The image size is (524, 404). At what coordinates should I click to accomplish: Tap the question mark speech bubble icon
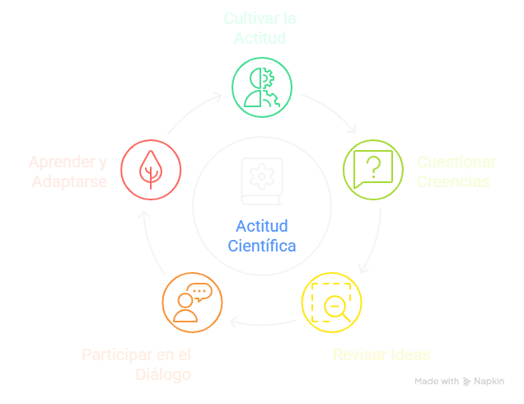372,170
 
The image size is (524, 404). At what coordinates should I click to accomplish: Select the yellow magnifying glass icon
331,303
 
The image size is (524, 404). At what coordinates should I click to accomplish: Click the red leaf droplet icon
150,170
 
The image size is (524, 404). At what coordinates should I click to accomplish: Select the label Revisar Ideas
381,355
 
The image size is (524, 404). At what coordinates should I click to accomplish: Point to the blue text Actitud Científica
261,235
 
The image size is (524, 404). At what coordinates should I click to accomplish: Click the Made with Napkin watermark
459,382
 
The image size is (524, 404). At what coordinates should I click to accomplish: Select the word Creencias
452,181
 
